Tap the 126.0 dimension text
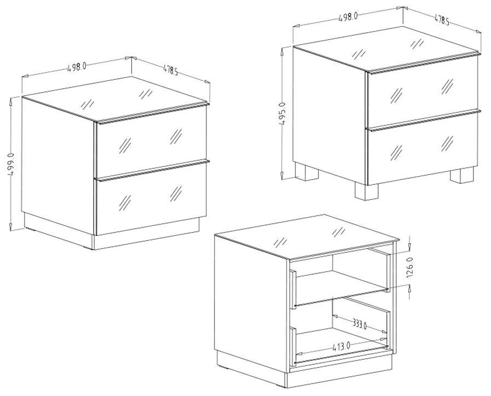[411, 267]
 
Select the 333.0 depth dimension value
[359, 324]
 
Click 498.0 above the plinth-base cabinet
[77, 67]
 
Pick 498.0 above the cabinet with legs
[348, 17]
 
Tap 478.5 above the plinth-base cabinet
[170, 70]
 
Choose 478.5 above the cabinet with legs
[442, 20]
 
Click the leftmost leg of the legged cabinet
[307, 171]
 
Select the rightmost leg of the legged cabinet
[462, 176]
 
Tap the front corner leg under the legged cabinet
[366, 191]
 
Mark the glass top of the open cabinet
[307, 237]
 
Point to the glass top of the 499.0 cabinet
[115, 99]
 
